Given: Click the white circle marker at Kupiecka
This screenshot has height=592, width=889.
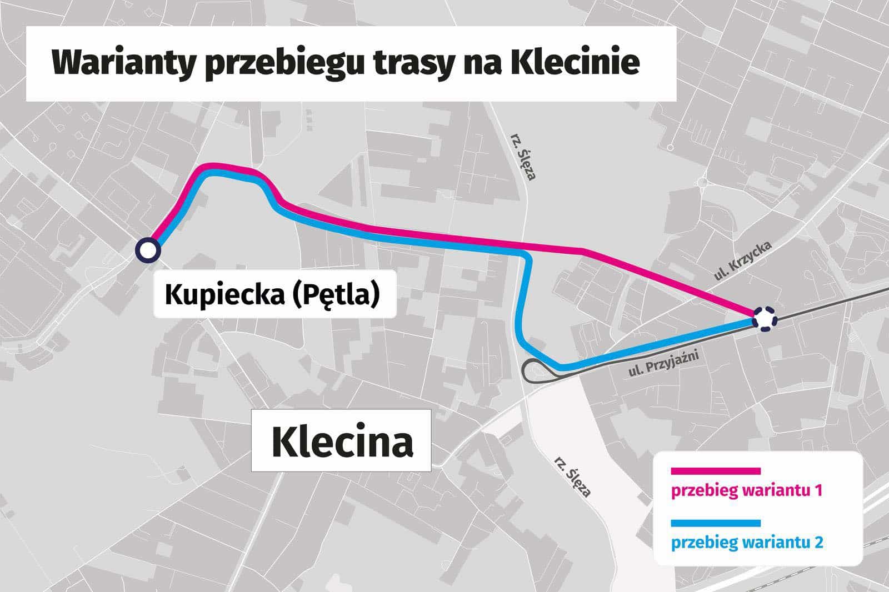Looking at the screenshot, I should coord(148,250).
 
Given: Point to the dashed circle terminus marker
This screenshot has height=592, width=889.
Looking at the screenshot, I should coord(765,319).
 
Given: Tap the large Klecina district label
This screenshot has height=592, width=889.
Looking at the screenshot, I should coord(342,442).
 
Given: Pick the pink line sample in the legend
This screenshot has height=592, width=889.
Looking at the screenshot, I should coord(715,471).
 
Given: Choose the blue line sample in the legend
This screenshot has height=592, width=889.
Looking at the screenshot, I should coord(715,523).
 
